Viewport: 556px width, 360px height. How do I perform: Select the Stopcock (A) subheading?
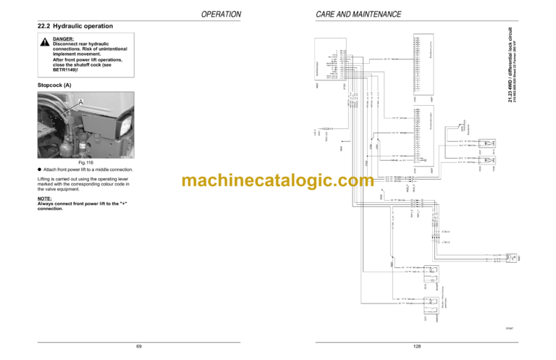54,85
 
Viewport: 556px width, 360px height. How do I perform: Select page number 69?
139,346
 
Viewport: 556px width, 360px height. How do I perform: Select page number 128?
417,346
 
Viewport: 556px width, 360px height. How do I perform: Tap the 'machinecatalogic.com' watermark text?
278,181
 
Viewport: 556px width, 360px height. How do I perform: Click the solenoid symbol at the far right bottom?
510,257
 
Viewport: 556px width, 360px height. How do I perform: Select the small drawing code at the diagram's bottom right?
509,328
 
